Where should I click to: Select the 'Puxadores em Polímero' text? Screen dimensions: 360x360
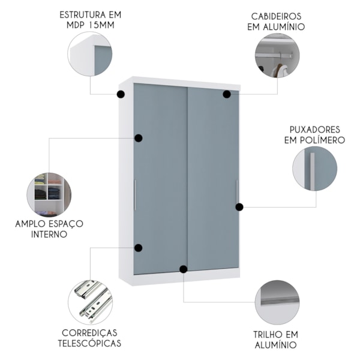point(316,134)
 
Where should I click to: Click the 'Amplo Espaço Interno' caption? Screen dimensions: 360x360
point(49,229)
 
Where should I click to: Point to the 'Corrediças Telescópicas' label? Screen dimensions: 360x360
point(91,338)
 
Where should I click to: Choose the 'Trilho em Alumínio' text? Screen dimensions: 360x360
point(276,339)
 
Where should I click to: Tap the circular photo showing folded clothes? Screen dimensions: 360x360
point(49,194)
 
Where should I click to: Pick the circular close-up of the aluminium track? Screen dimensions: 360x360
point(277,302)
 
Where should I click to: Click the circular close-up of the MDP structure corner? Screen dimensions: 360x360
point(90,53)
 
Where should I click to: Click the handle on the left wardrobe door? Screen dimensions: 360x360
point(136,195)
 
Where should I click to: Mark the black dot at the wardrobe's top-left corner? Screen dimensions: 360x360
point(121,94)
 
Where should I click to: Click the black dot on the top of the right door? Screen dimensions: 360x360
point(227,94)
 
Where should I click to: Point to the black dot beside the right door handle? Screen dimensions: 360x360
point(239,207)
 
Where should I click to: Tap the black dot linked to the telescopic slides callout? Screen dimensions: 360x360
point(139,248)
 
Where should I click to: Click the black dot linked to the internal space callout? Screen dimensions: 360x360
point(139,138)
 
